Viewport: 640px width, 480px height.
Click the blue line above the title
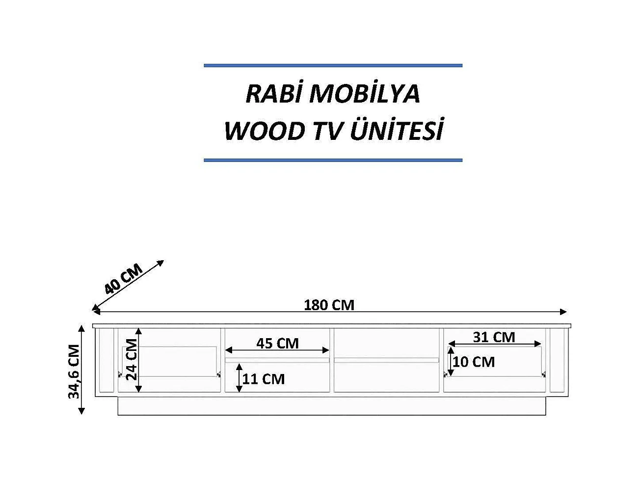pos(333,65)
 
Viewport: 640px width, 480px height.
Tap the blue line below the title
pos(333,160)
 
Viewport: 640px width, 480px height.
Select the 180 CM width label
pos(329,305)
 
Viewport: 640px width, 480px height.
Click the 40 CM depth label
pos(123,279)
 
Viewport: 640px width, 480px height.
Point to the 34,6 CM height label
pos(74,371)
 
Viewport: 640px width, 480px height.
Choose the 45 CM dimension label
pos(277,343)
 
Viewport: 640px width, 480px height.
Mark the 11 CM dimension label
pos(264,379)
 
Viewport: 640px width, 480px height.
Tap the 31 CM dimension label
pos(494,337)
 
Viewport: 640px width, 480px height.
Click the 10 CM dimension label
pos(474,362)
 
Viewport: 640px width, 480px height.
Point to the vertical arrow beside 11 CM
pos(239,378)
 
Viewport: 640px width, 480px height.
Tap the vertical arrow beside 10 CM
pos(451,362)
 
